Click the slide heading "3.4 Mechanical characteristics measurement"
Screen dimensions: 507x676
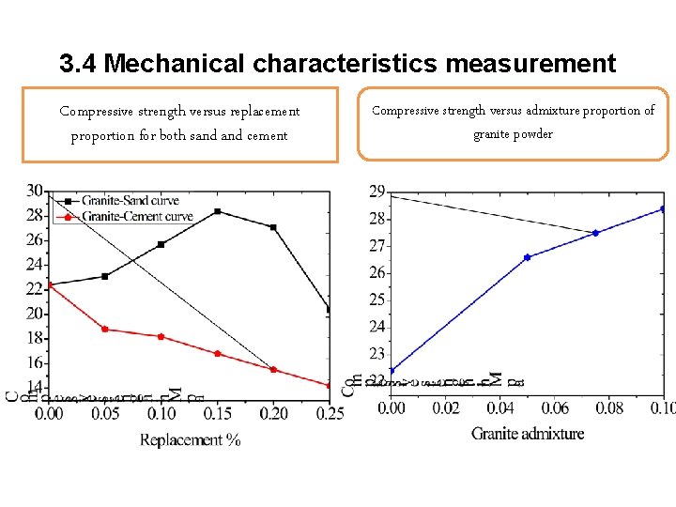[337, 64]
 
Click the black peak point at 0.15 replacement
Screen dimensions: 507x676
[217, 211]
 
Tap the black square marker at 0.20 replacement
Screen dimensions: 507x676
[273, 227]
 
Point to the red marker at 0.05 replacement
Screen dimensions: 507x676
[104, 330]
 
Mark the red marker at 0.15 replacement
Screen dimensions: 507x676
[217, 354]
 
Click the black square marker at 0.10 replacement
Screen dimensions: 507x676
[161, 244]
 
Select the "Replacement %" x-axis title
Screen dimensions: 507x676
[190, 439]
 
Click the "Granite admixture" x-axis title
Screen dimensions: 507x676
[528, 434]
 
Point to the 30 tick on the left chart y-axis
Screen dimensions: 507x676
[35, 191]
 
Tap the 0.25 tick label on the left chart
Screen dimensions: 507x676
[330, 413]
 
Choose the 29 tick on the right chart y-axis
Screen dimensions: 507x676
[376, 192]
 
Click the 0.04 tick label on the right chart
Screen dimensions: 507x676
[500, 408]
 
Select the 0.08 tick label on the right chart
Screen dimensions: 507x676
[609, 408]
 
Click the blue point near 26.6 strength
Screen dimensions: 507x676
[528, 257]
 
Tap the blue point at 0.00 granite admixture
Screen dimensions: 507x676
[392, 371]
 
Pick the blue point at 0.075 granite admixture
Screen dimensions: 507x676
[595, 233]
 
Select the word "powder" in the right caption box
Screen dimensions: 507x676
[532, 134]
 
